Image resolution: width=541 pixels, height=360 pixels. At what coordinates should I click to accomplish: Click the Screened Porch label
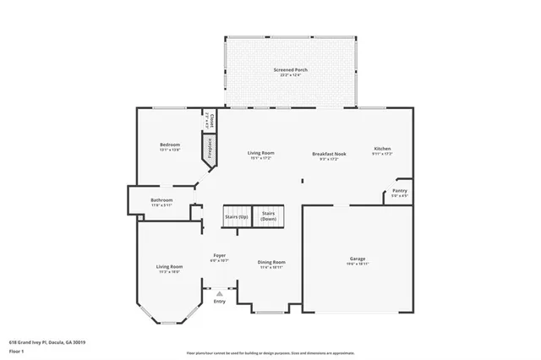pos(289,72)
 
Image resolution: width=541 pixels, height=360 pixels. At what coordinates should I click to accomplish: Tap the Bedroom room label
pos(170,147)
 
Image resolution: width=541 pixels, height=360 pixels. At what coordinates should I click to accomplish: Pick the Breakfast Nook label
pos(329,155)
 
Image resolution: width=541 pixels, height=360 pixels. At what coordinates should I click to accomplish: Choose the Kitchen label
pos(382,151)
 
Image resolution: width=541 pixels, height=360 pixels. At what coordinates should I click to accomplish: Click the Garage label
pos(358,260)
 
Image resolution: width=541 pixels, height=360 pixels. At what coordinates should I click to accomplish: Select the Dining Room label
pos(271,264)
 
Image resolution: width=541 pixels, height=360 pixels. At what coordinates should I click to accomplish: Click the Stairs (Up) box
pos(237,216)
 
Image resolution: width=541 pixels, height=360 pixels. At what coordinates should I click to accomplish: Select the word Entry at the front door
pos(219,302)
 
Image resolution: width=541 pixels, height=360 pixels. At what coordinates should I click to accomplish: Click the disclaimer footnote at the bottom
pos(270,352)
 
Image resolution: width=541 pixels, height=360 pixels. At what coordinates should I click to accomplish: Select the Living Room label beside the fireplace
pos(260,155)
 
